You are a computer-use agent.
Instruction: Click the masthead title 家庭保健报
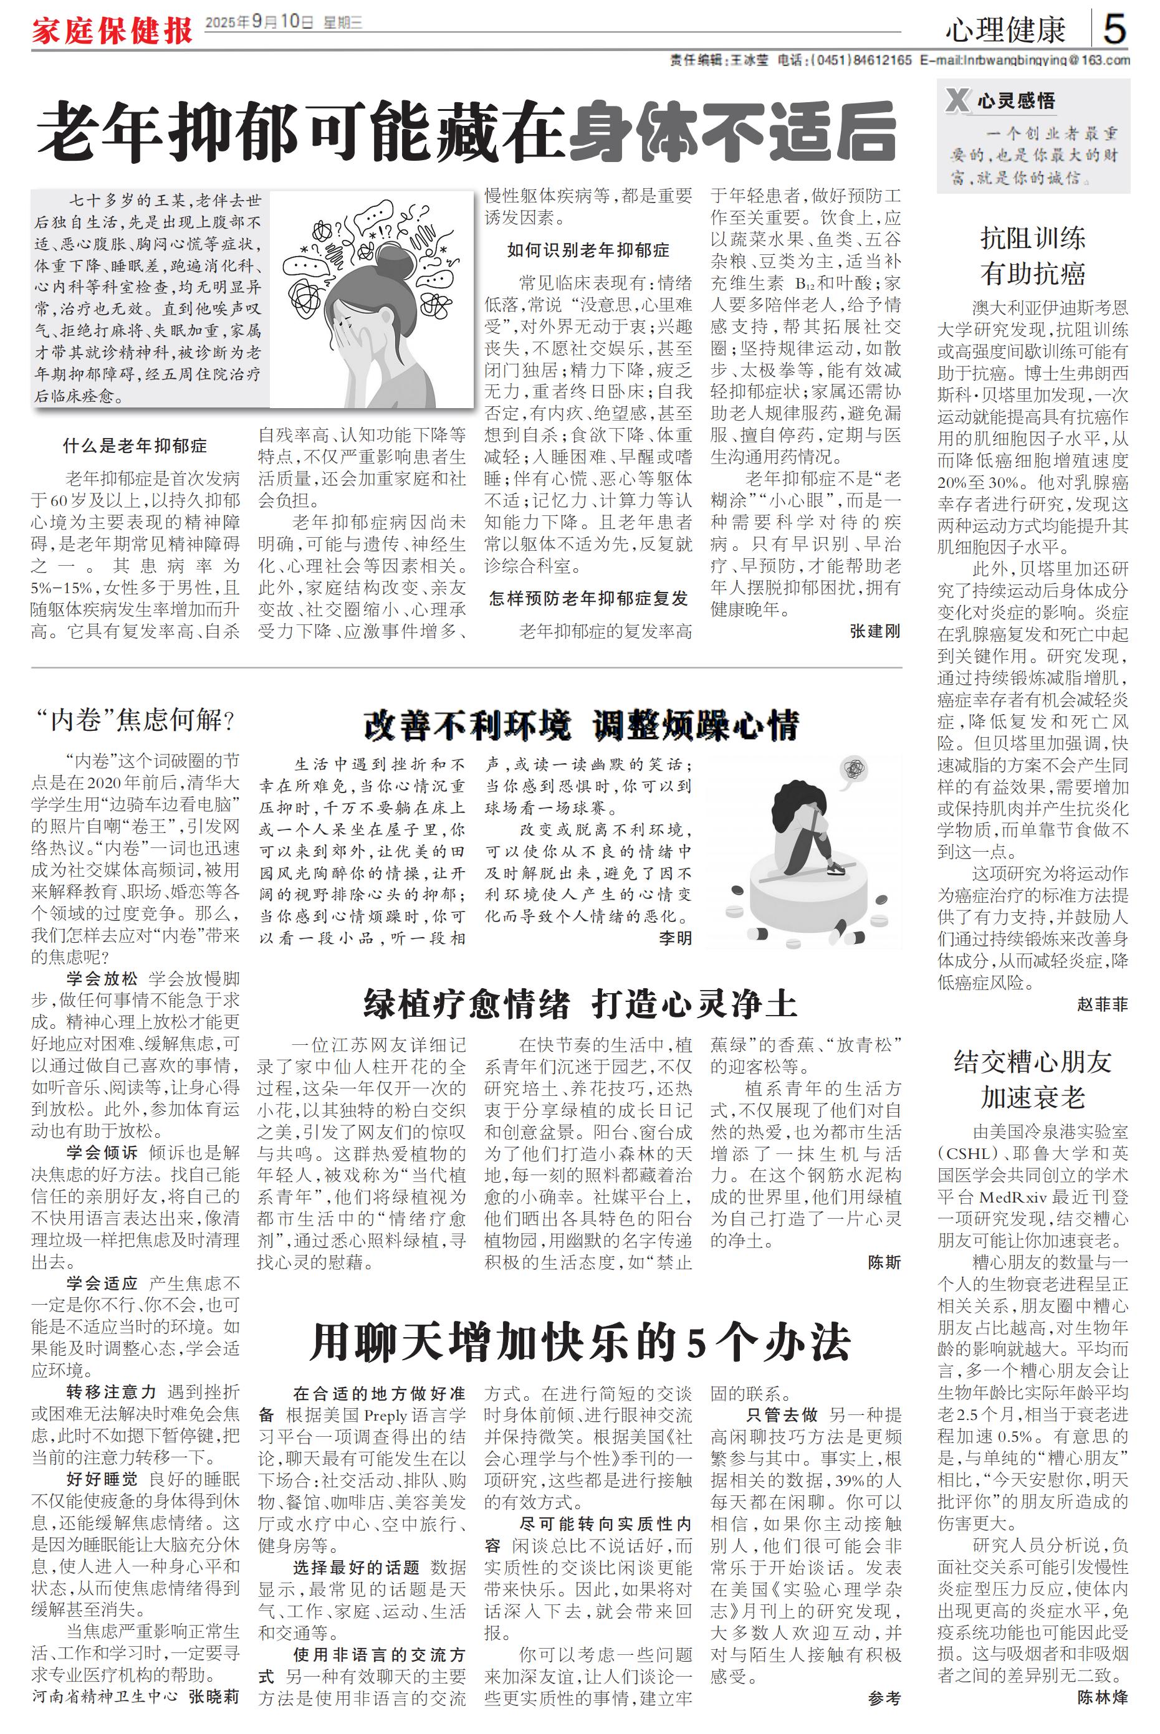pos(112,31)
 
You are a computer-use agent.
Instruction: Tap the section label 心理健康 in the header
pos(1005,31)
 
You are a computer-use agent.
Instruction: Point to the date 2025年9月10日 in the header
pos(259,22)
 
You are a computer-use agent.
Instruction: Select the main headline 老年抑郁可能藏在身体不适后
pos(467,134)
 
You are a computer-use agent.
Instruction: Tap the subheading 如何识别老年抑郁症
pos(588,250)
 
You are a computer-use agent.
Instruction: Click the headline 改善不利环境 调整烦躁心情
pos(581,725)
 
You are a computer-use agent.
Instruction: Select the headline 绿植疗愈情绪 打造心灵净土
pos(581,1003)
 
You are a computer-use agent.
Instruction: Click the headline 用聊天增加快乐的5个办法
pos(581,1343)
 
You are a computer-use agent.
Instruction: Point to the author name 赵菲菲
pos(1101,1004)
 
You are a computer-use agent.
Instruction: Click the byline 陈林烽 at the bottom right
pos(1101,1698)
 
